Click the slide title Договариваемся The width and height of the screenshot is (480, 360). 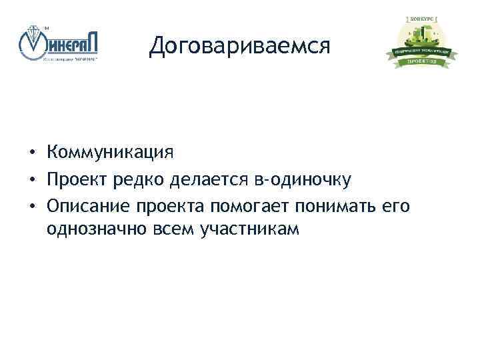[x=240, y=45]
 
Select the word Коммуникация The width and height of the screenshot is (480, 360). [x=110, y=153]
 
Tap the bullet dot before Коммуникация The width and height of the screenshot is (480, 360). [x=32, y=153]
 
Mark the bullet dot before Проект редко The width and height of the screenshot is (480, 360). [x=32, y=179]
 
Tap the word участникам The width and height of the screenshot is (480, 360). [x=250, y=229]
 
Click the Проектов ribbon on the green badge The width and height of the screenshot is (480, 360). [x=420, y=62]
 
